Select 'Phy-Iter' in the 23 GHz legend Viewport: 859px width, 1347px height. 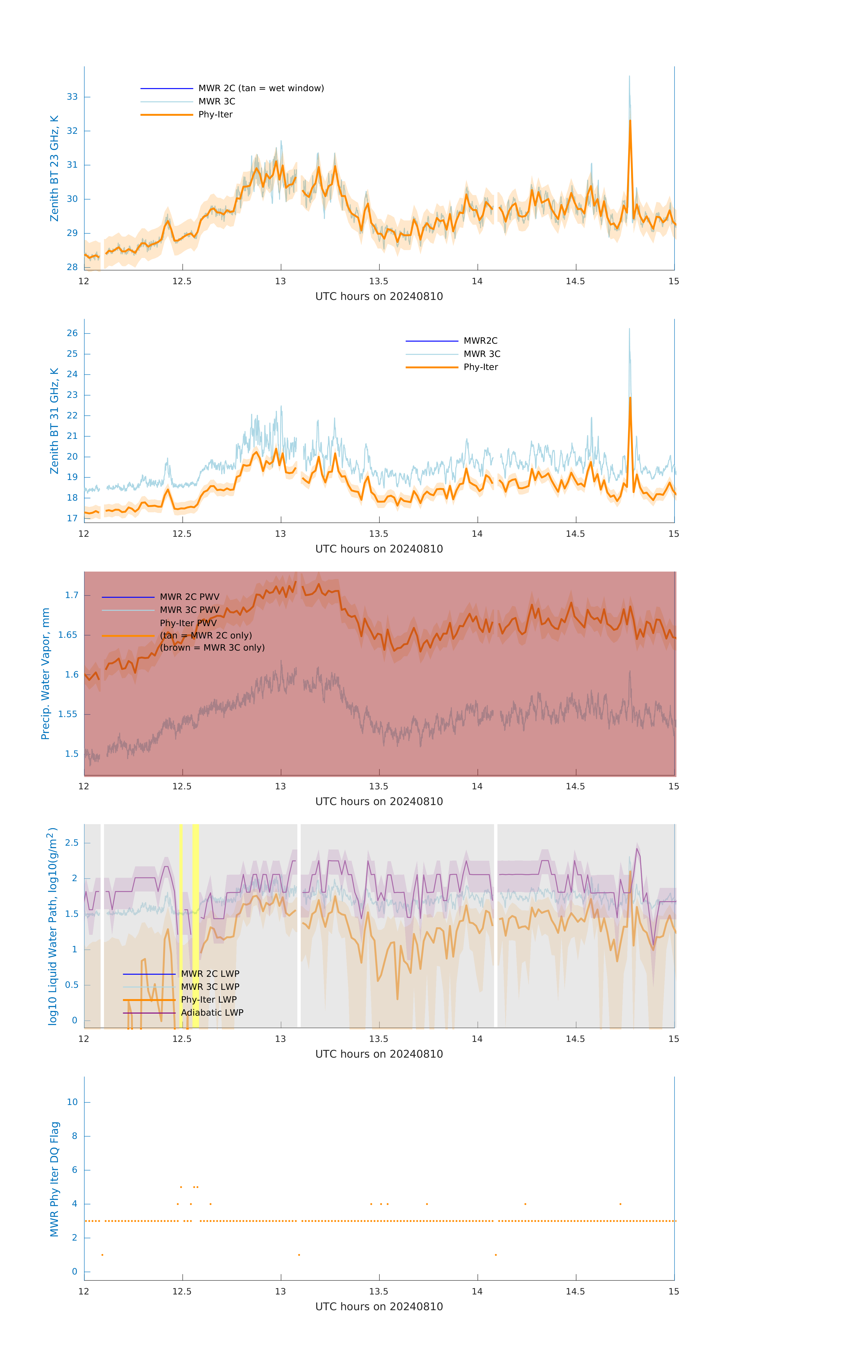[x=215, y=115]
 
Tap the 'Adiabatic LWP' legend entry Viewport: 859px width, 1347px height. [x=212, y=1012]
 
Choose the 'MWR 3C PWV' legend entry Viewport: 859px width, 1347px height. [x=190, y=610]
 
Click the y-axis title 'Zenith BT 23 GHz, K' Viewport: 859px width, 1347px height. [x=54, y=168]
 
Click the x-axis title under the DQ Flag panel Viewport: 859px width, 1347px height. [x=379, y=1307]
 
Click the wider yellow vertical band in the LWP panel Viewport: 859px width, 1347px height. [x=195, y=926]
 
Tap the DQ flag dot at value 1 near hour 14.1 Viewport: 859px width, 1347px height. [x=496, y=1255]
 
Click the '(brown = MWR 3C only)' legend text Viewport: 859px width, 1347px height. [x=212, y=648]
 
